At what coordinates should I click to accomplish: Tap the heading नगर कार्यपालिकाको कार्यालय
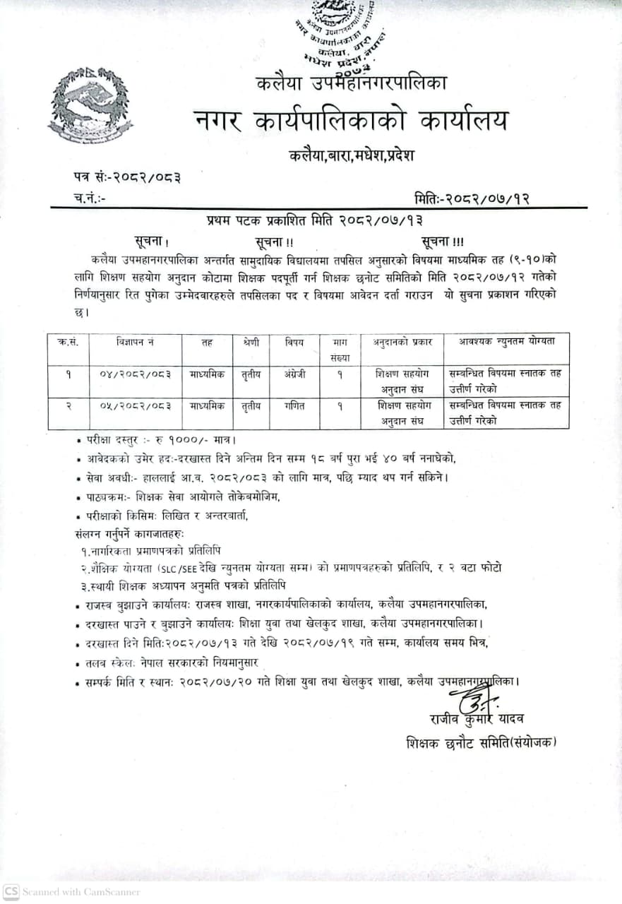pyautogui.click(x=351, y=121)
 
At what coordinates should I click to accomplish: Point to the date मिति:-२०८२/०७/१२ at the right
pyautogui.click(x=471, y=198)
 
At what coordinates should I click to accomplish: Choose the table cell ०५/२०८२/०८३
pyautogui.click(x=136, y=406)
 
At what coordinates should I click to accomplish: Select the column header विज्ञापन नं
pyautogui.click(x=136, y=342)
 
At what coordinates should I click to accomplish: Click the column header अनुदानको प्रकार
pyautogui.click(x=403, y=342)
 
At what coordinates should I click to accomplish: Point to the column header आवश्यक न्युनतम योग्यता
pyautogui.click(x=507, y=341)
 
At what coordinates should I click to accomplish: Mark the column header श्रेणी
pyautogui.click(x=251, y=342)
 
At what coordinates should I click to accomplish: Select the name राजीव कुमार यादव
pyautogui.click(x=477, y=719)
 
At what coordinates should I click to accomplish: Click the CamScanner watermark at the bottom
pyautogui.click(x=72, y=891)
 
